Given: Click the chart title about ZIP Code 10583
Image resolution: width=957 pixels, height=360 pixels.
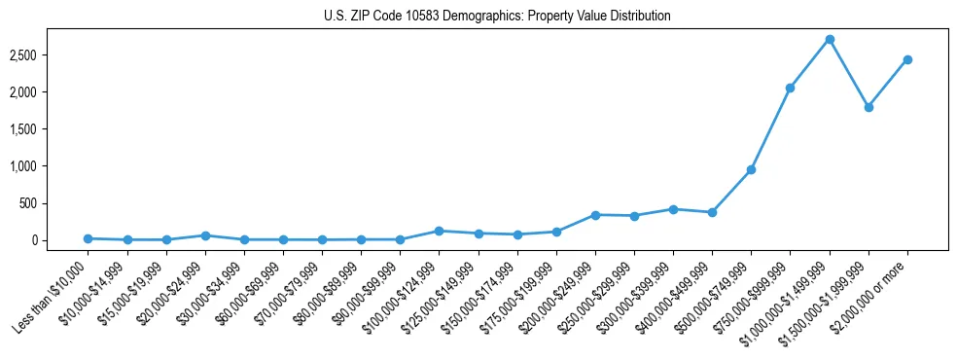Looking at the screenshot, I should pyautogui.click(x=497, y=17).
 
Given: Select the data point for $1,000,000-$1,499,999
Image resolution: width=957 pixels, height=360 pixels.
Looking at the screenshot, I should pyautogui.click(x=829, y=40).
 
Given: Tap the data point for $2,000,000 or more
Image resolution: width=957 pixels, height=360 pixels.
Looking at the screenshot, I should pyautogui.click(x=906, y=59).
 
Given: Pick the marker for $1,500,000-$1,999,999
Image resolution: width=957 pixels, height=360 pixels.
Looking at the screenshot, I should pyautogui.click(x=868, y=107).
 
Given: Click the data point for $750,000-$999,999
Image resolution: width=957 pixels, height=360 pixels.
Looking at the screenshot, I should pyautogui.click(x=790, y=88).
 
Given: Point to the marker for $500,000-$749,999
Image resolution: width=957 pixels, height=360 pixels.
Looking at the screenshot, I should pyautogui.click(x=751, y=169).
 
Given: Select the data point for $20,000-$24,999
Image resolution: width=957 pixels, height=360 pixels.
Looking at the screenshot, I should pyautogui.click(x=205, y=235).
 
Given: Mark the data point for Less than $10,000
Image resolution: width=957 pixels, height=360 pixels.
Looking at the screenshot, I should pyautogui.click(x=89, y=238).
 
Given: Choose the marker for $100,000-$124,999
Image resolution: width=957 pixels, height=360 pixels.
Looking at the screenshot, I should pyautogui.click(x=439, y=231).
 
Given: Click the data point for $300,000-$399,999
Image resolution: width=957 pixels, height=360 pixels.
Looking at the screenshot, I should pyautogui.click(x=673, y=209).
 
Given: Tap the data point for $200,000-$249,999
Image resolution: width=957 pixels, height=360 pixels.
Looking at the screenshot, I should pyautogui.click(x=595, y=215).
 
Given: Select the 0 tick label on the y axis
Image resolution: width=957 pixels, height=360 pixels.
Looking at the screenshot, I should pyautogui.click(x=62, y=240).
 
